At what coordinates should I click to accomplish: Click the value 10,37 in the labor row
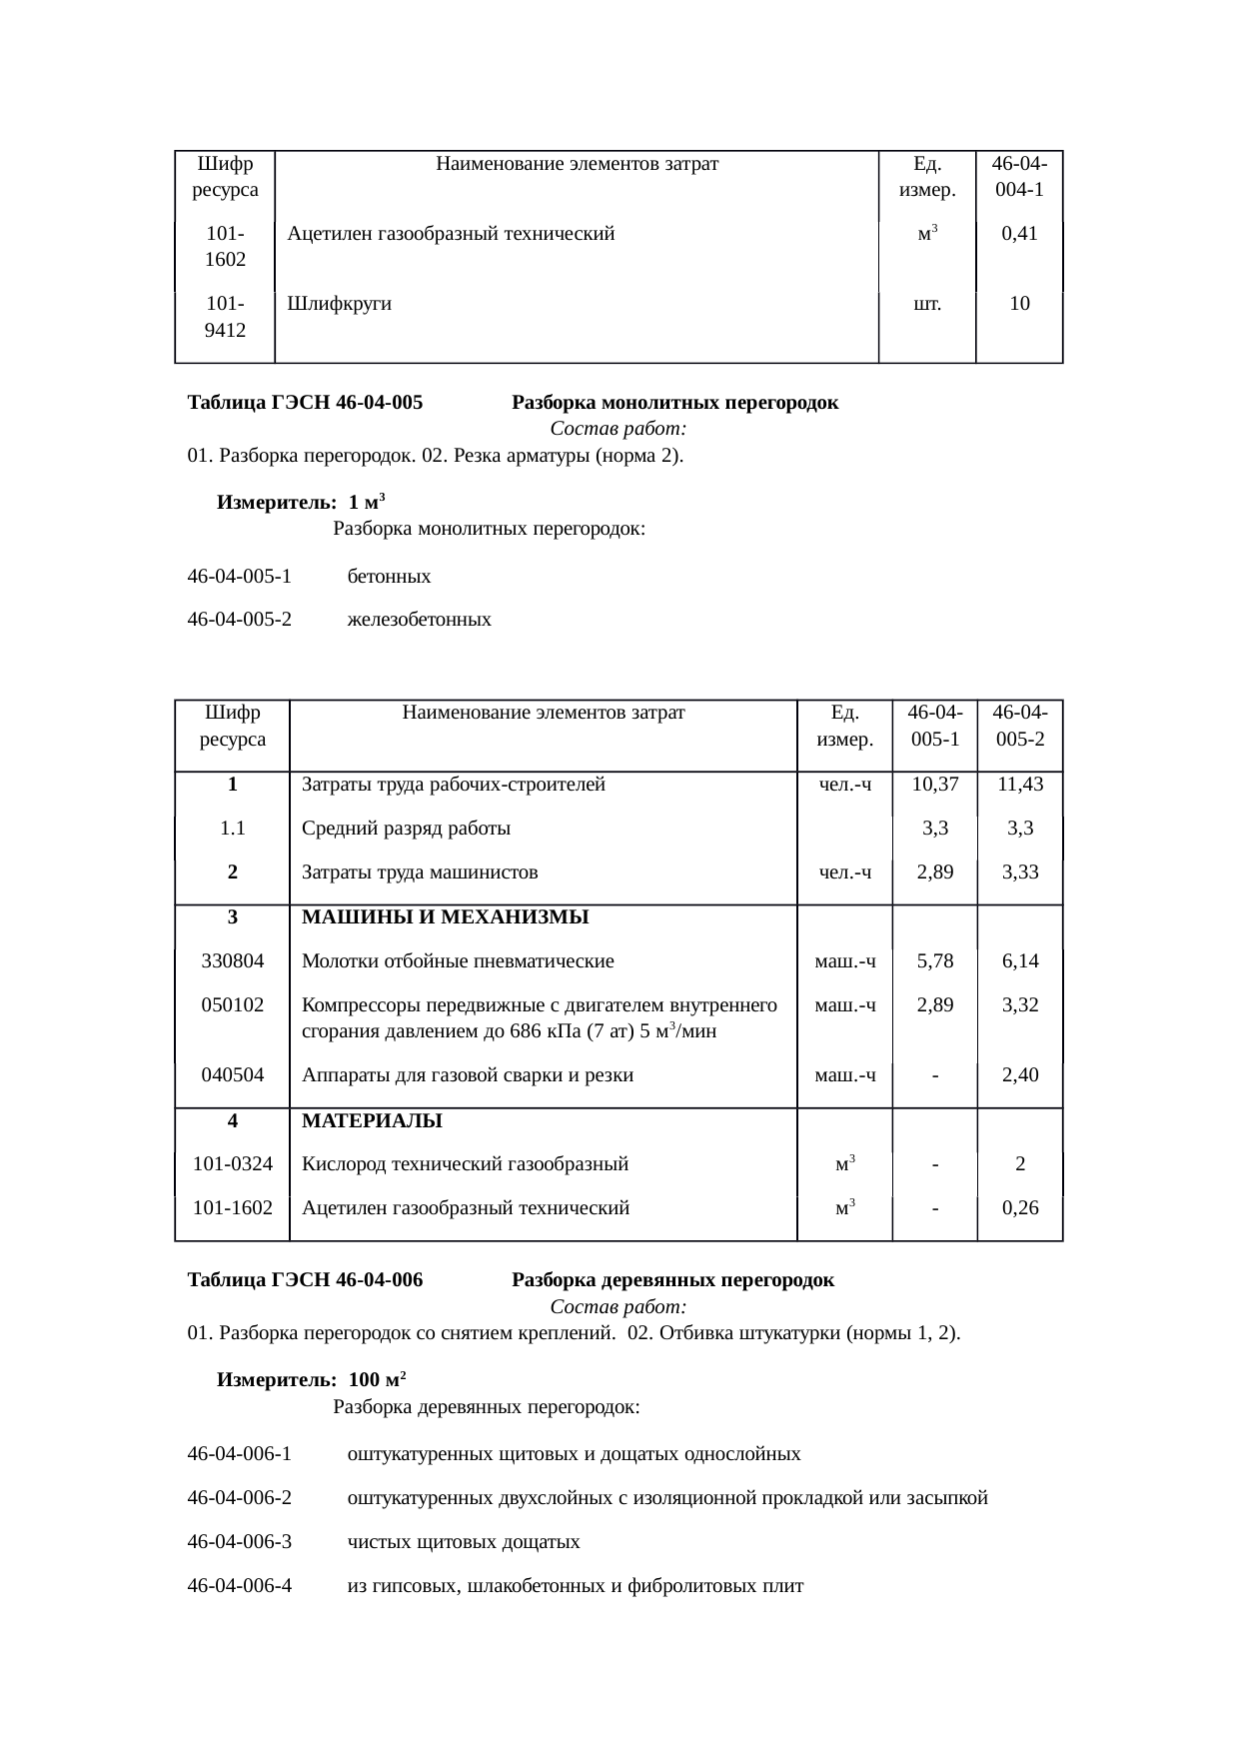(x=934, y=785)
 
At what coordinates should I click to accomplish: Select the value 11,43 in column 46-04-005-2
(x=1020, y=785)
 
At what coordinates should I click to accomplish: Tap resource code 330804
(x=232, y=961)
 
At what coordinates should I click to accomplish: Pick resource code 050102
(x=232, y=1005)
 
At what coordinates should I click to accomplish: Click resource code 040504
(x=232, y=1075)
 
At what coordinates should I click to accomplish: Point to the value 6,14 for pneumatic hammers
(x=1020, y=961)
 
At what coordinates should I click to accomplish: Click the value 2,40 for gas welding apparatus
(x=1020, y=1075)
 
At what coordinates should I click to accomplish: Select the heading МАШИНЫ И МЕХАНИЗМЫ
(x=445, y=917)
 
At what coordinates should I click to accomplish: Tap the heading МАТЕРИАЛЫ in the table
(x=372, y=1121)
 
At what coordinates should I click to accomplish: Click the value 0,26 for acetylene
(x=1020, y=1208)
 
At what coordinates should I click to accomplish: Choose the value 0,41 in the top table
(x=1019, y=235)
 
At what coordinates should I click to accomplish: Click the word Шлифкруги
(x=339, y=304)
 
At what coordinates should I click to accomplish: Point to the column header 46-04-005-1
(x=934, y=726)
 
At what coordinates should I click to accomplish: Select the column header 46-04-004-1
(x=1019, y=176)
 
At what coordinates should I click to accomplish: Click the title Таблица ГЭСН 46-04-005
(x=305, y=404)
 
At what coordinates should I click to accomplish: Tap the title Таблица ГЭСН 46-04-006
(x=305, y=1280)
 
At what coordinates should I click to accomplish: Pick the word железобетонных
(x=419, y=620)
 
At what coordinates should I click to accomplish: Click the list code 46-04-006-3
(x=240, y=1542)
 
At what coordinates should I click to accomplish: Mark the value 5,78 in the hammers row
(x=934, y=961)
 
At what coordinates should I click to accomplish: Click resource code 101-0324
(x=232, y=1164)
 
